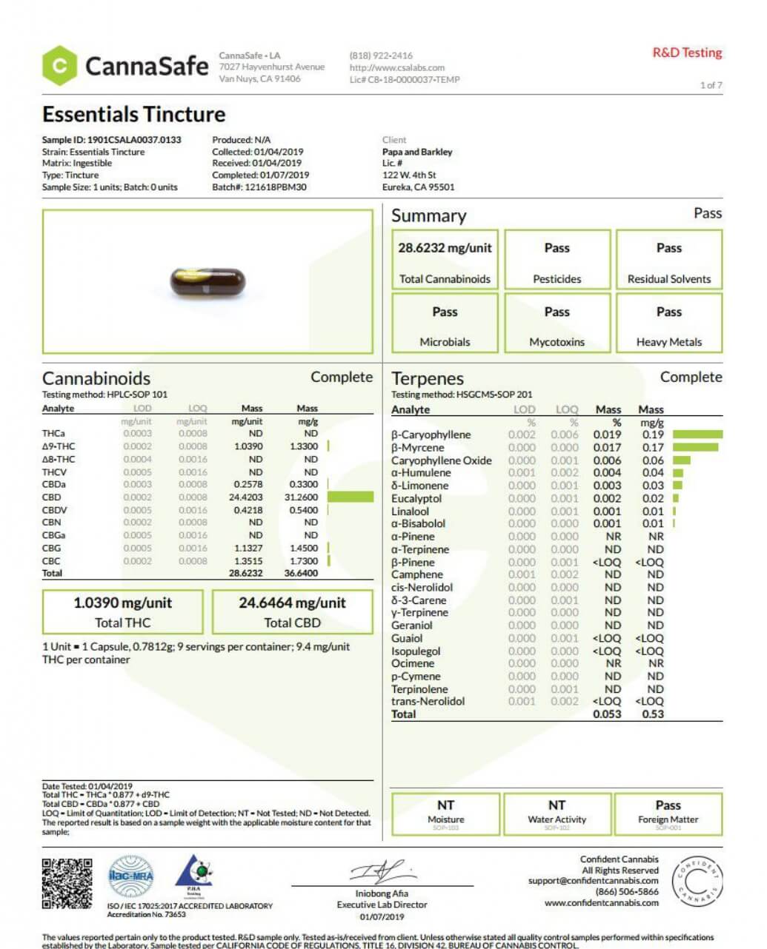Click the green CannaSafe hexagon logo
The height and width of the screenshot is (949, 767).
click(x=59, y=66)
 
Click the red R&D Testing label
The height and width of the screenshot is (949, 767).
click(x=687, y=53)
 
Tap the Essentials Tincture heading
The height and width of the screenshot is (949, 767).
click(x=134, y=115)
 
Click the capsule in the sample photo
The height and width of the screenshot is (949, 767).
click(x=207, y=281)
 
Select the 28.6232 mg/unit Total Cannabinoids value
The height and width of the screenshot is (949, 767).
click(x=445, y=248)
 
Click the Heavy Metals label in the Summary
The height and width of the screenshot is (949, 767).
click(x=668, y=342)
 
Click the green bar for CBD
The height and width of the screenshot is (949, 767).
click(x=351, y=497)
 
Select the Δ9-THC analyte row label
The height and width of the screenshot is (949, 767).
click(x=59, y=446)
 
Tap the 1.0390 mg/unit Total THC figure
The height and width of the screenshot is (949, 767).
click(x=122, y=603)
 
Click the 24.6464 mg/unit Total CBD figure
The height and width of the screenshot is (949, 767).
click(x=292, y=603)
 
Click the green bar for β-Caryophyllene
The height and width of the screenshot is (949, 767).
click(x=697, y=435)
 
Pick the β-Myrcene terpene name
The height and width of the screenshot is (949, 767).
click(x=418, y=448)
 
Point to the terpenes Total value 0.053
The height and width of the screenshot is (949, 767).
click(x=607, y=714)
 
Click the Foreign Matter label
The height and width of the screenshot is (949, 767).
click(x=668, y=819)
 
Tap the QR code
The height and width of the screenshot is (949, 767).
click(x=67, y=883)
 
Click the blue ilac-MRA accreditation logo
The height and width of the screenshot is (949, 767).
click(x=131, y=876)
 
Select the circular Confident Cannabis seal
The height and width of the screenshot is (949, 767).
click(x=697, y=882)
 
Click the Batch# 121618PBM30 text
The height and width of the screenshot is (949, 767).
click(x=259, y=187)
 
